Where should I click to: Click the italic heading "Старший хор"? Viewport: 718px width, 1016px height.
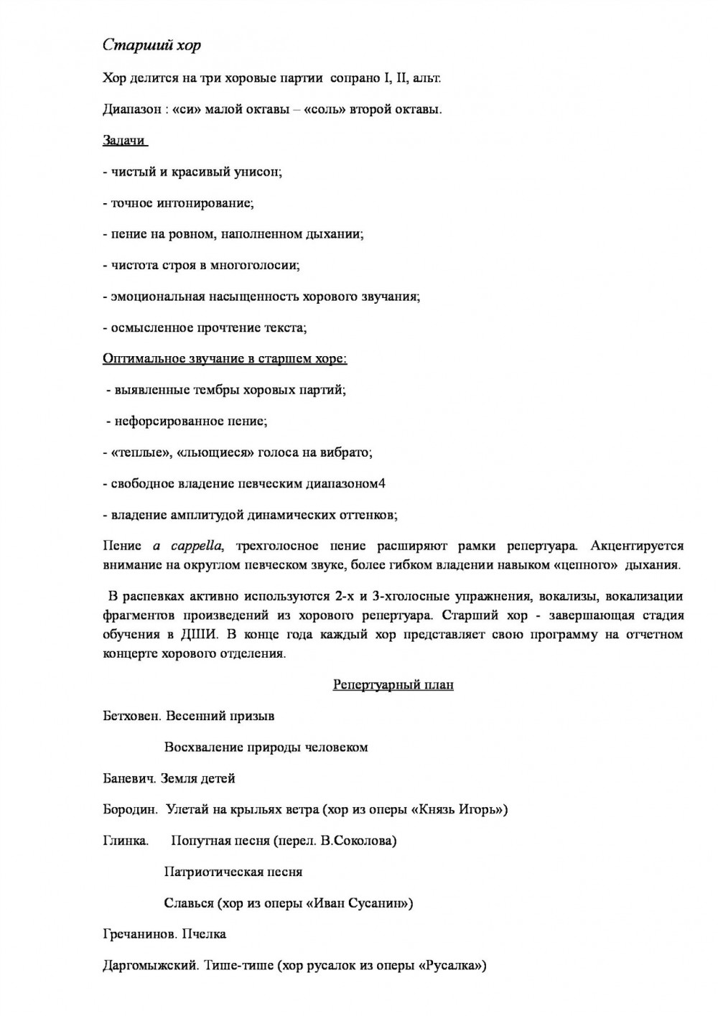click(151, 45)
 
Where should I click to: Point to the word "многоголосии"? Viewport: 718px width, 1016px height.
click(253, 266)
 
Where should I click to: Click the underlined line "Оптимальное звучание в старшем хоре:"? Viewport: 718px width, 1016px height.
click(225, 359)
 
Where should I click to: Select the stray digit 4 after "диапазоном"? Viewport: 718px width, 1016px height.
click(382, 483)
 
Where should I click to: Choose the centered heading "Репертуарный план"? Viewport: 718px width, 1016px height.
click(393, 685)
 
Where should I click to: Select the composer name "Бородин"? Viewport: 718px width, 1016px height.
click(130, 809)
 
